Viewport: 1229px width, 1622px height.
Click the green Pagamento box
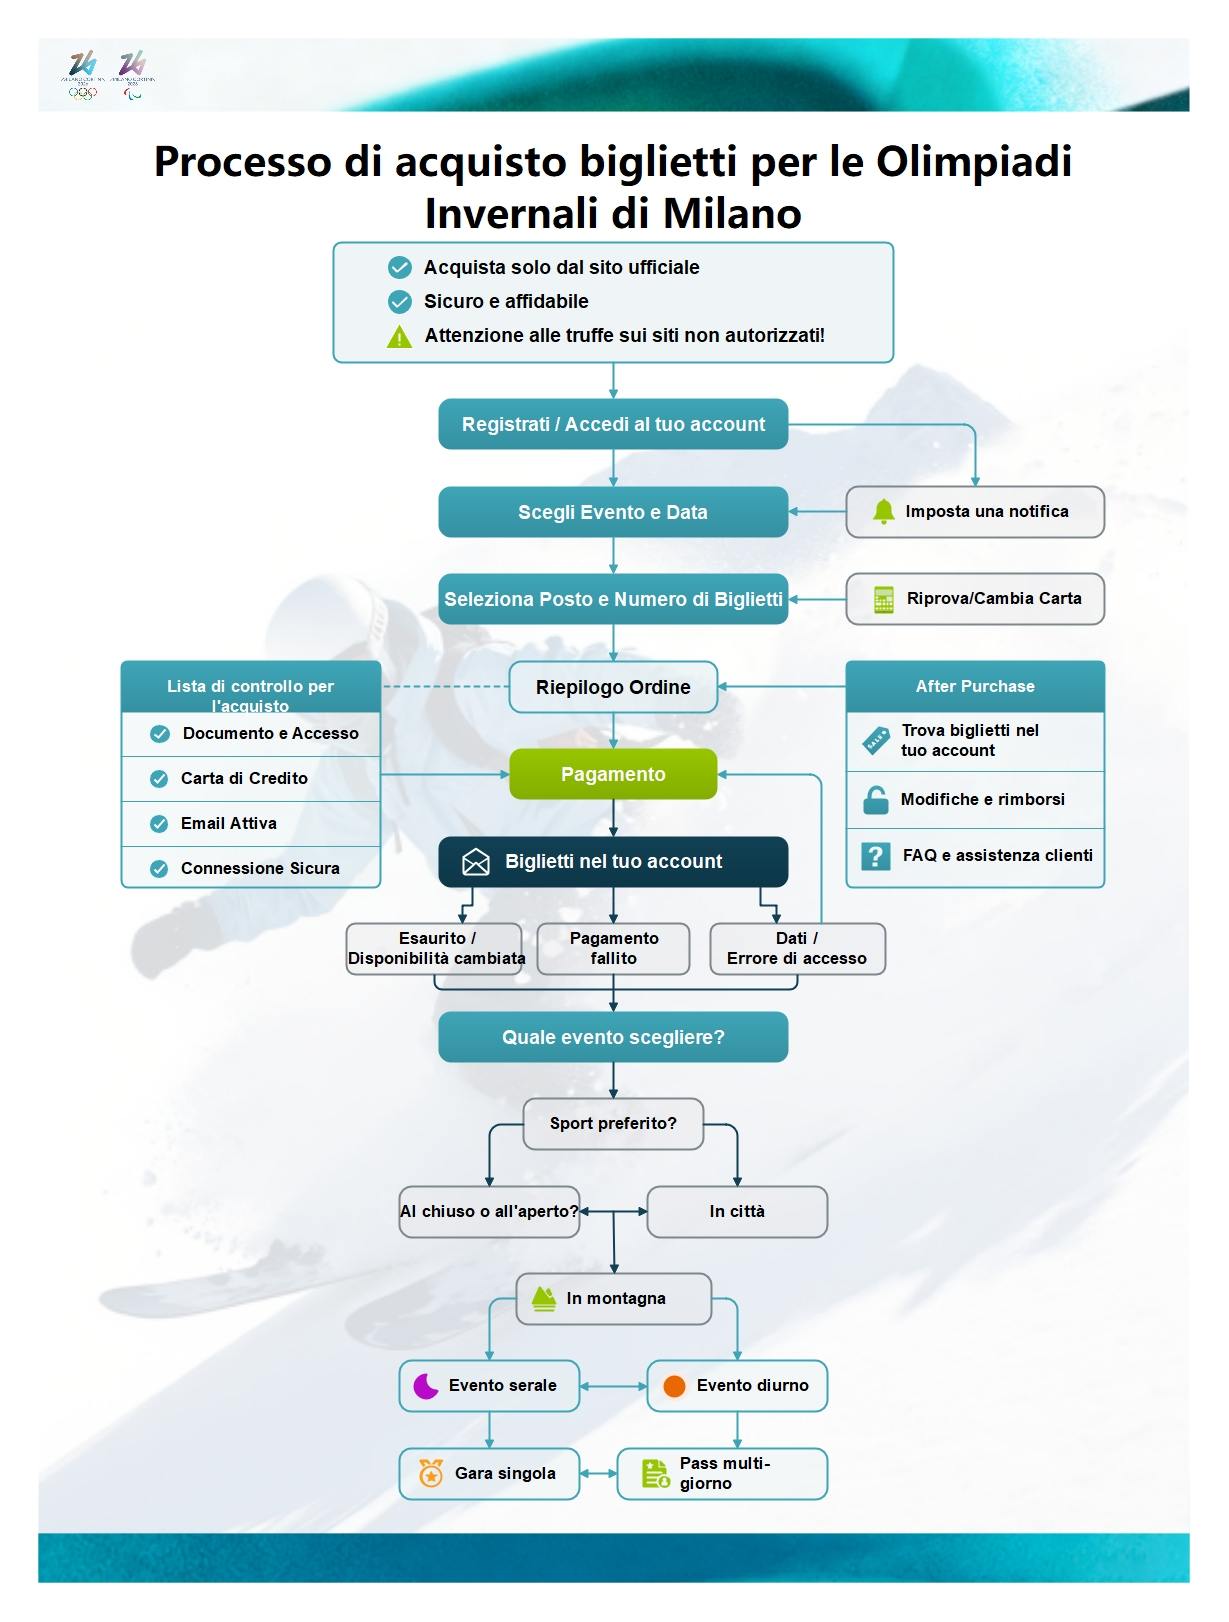(x=613, y=774)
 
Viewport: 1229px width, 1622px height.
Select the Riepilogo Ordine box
(x=613, y=687)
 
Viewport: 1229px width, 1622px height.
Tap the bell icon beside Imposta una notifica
(x=883, y=512)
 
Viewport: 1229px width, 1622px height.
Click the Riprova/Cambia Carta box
(x=975, y=599)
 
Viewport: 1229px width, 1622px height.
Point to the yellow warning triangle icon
(x=399, y=337)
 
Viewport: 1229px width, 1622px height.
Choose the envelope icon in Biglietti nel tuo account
(x=476, y=862)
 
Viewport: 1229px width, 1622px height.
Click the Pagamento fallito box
(x=613, y=948)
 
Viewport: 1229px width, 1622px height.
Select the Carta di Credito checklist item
(x=250, y=778)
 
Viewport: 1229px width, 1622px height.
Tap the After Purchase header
(x=975, y=686)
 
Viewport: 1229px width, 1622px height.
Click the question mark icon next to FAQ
(x=876, y=856)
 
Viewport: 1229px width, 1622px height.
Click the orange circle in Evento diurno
(x=675, y=1386)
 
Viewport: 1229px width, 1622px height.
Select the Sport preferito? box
(x=613, y=1124)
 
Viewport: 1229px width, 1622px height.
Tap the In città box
(x=737, y=1212)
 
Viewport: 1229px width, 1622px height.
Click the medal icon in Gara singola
(x=431, y=1474)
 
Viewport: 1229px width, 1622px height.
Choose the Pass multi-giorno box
(x=722, y=1474)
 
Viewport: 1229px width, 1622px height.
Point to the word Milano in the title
(x=731, y=213)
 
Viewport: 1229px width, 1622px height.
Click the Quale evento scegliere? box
(x=613, y=1037)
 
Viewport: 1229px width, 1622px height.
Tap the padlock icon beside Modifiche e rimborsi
(x=876, y=800)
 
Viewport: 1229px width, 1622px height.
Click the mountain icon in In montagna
(x=543, y=1299)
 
